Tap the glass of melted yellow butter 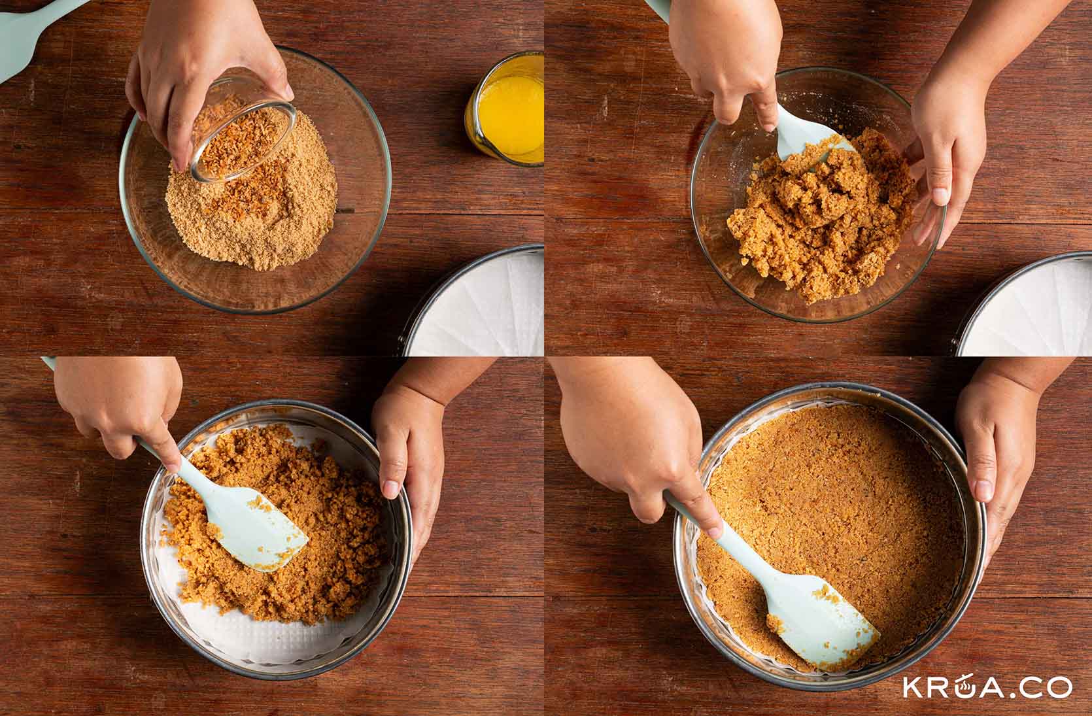point(505,108)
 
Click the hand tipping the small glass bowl point(205,68)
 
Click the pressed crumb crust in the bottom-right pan point(828,512)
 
